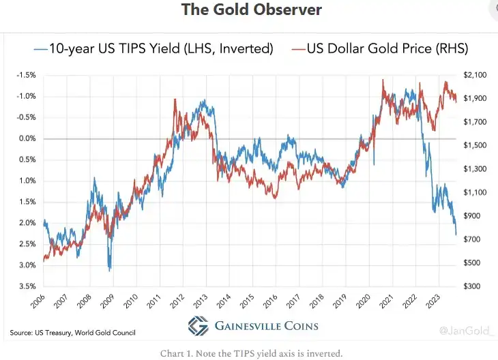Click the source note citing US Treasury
(x=72, y=333)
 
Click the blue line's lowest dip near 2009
(x=109, y=271)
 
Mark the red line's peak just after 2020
(x=383, y=80)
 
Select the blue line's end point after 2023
(x=456, y=235)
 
